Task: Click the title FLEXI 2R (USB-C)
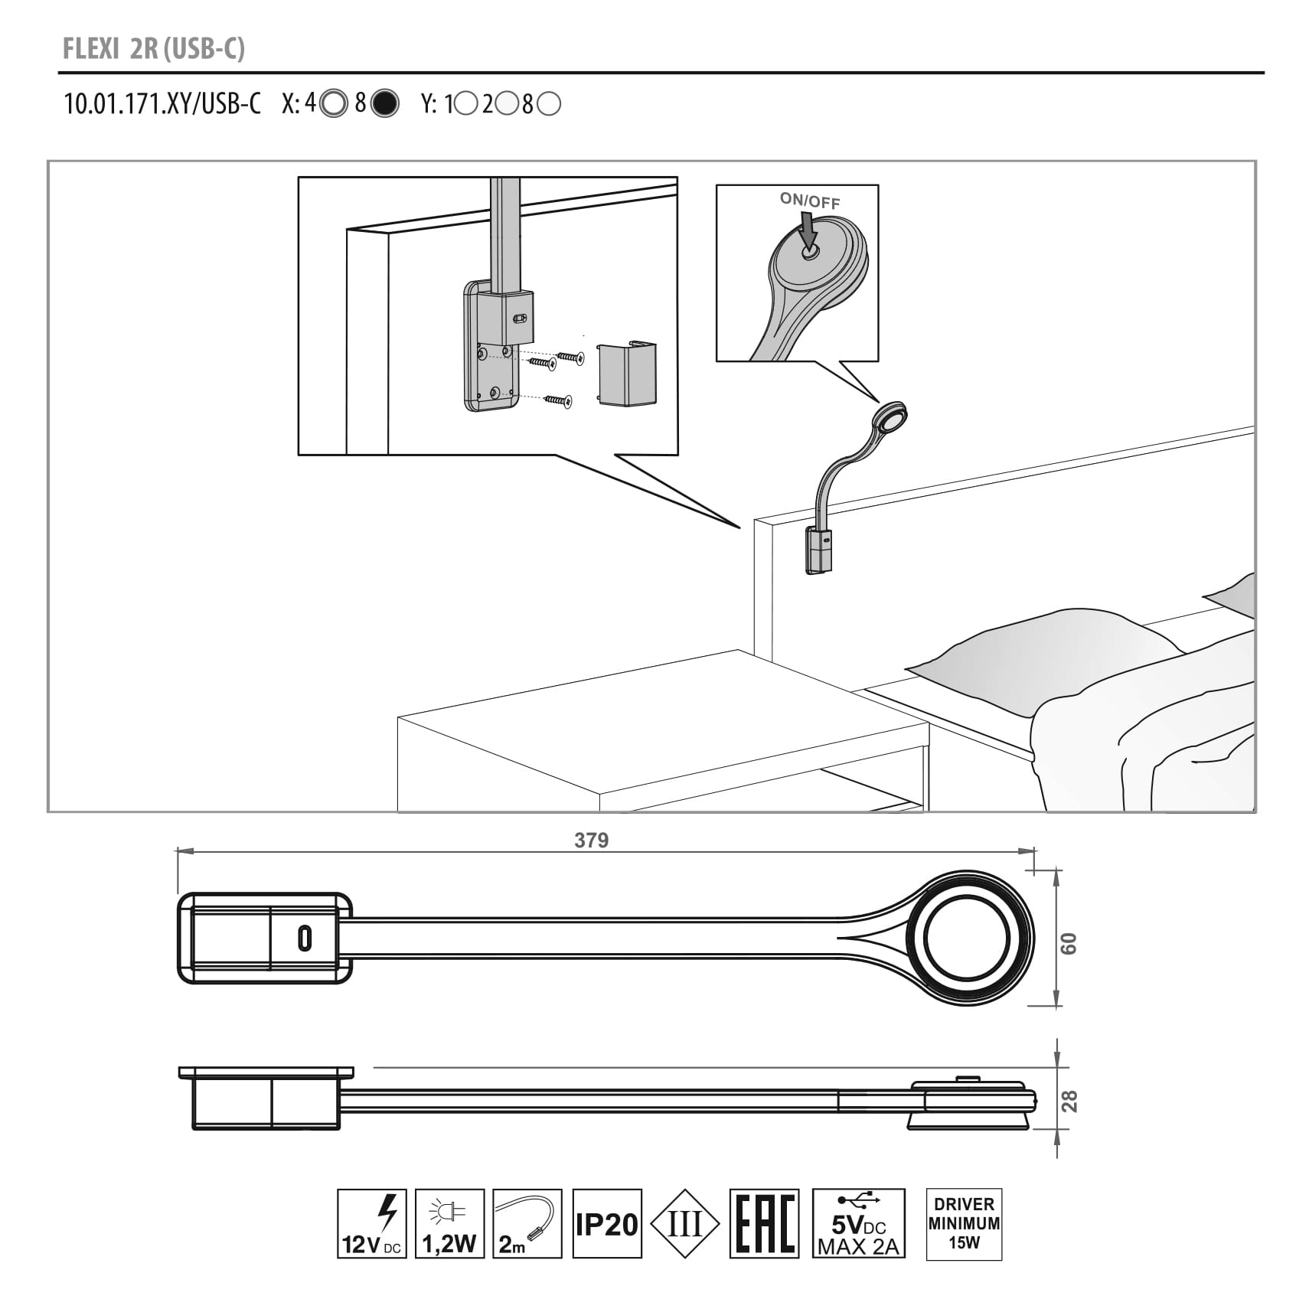[153, 49]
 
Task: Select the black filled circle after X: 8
[384, 103]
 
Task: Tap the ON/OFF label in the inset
[809, 201]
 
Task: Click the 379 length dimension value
[591, 841]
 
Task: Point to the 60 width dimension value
[1069, 943]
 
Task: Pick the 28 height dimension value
[1069, 1101]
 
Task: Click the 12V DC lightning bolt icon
[372, 1222]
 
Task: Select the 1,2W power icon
[449, 1222]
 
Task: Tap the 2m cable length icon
[527, 1222]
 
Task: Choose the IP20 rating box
[606, 1223]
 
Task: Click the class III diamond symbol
[684, 1223]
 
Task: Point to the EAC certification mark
[764, 1223]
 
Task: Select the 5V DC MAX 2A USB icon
[858, 1223]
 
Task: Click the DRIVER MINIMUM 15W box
[964, 1223]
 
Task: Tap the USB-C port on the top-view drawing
[305, 938]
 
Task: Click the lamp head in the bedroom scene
[890, 417]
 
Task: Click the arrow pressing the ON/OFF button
[807, 230]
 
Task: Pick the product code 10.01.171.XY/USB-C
[162, 104]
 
